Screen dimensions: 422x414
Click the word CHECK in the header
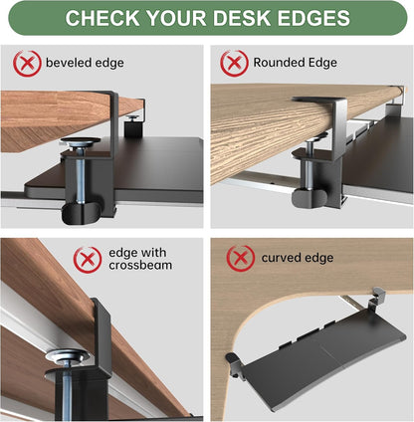point(103,19)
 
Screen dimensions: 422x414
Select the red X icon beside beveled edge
point(27,64)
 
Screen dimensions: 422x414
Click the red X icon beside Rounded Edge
point(234,63)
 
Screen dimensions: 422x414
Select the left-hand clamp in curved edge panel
point(233,359)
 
